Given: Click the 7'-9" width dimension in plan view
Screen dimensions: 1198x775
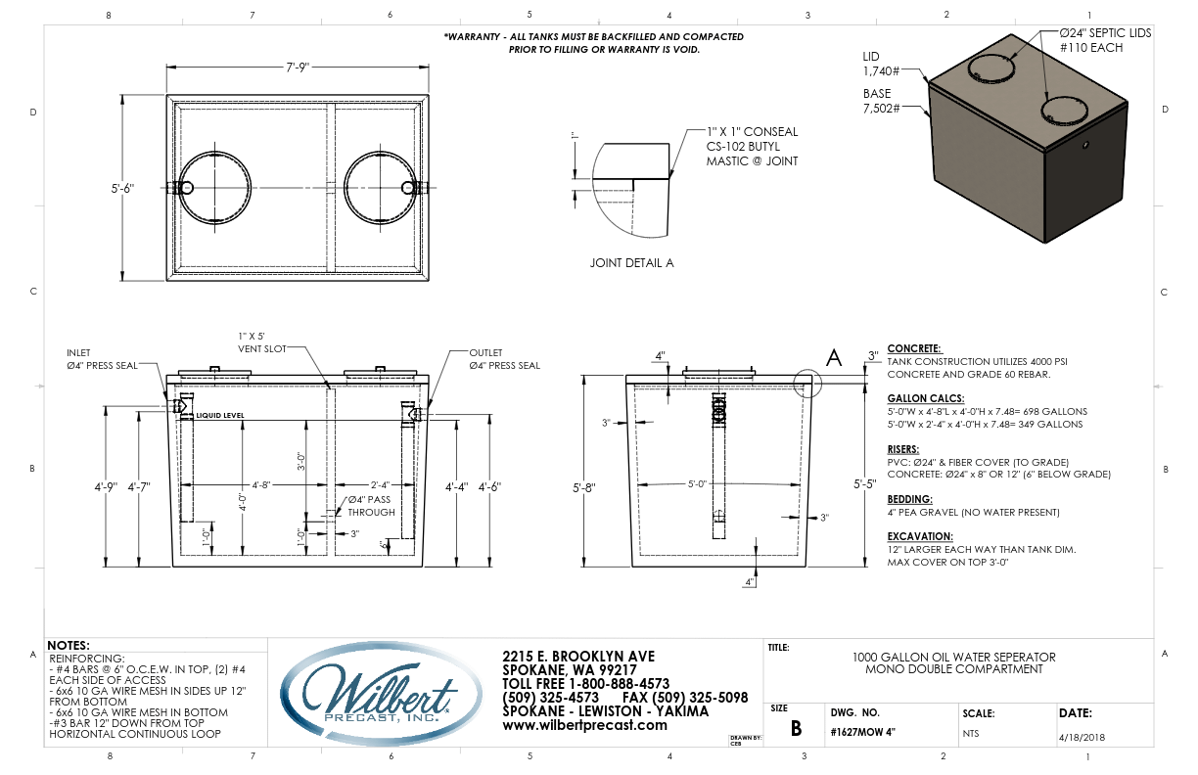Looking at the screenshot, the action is click(298, 67).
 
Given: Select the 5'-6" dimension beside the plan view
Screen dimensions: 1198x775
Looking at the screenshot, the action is click(122, 188).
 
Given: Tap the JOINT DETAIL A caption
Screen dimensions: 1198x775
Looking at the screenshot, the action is click(631, 262).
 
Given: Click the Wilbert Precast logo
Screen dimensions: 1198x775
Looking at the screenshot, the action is click(381, 694).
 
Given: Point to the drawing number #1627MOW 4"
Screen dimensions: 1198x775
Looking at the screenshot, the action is click(862, 732).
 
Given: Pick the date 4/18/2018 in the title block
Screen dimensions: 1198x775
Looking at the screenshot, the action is click(1082, 737).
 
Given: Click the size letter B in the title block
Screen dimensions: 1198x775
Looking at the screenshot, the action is click(796, 728).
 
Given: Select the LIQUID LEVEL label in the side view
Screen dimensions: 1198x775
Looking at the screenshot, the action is click(220, 415).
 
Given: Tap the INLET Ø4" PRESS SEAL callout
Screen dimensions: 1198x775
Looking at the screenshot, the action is click(102, 359).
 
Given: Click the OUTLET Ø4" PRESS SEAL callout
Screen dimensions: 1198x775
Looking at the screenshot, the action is click(505, 359).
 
